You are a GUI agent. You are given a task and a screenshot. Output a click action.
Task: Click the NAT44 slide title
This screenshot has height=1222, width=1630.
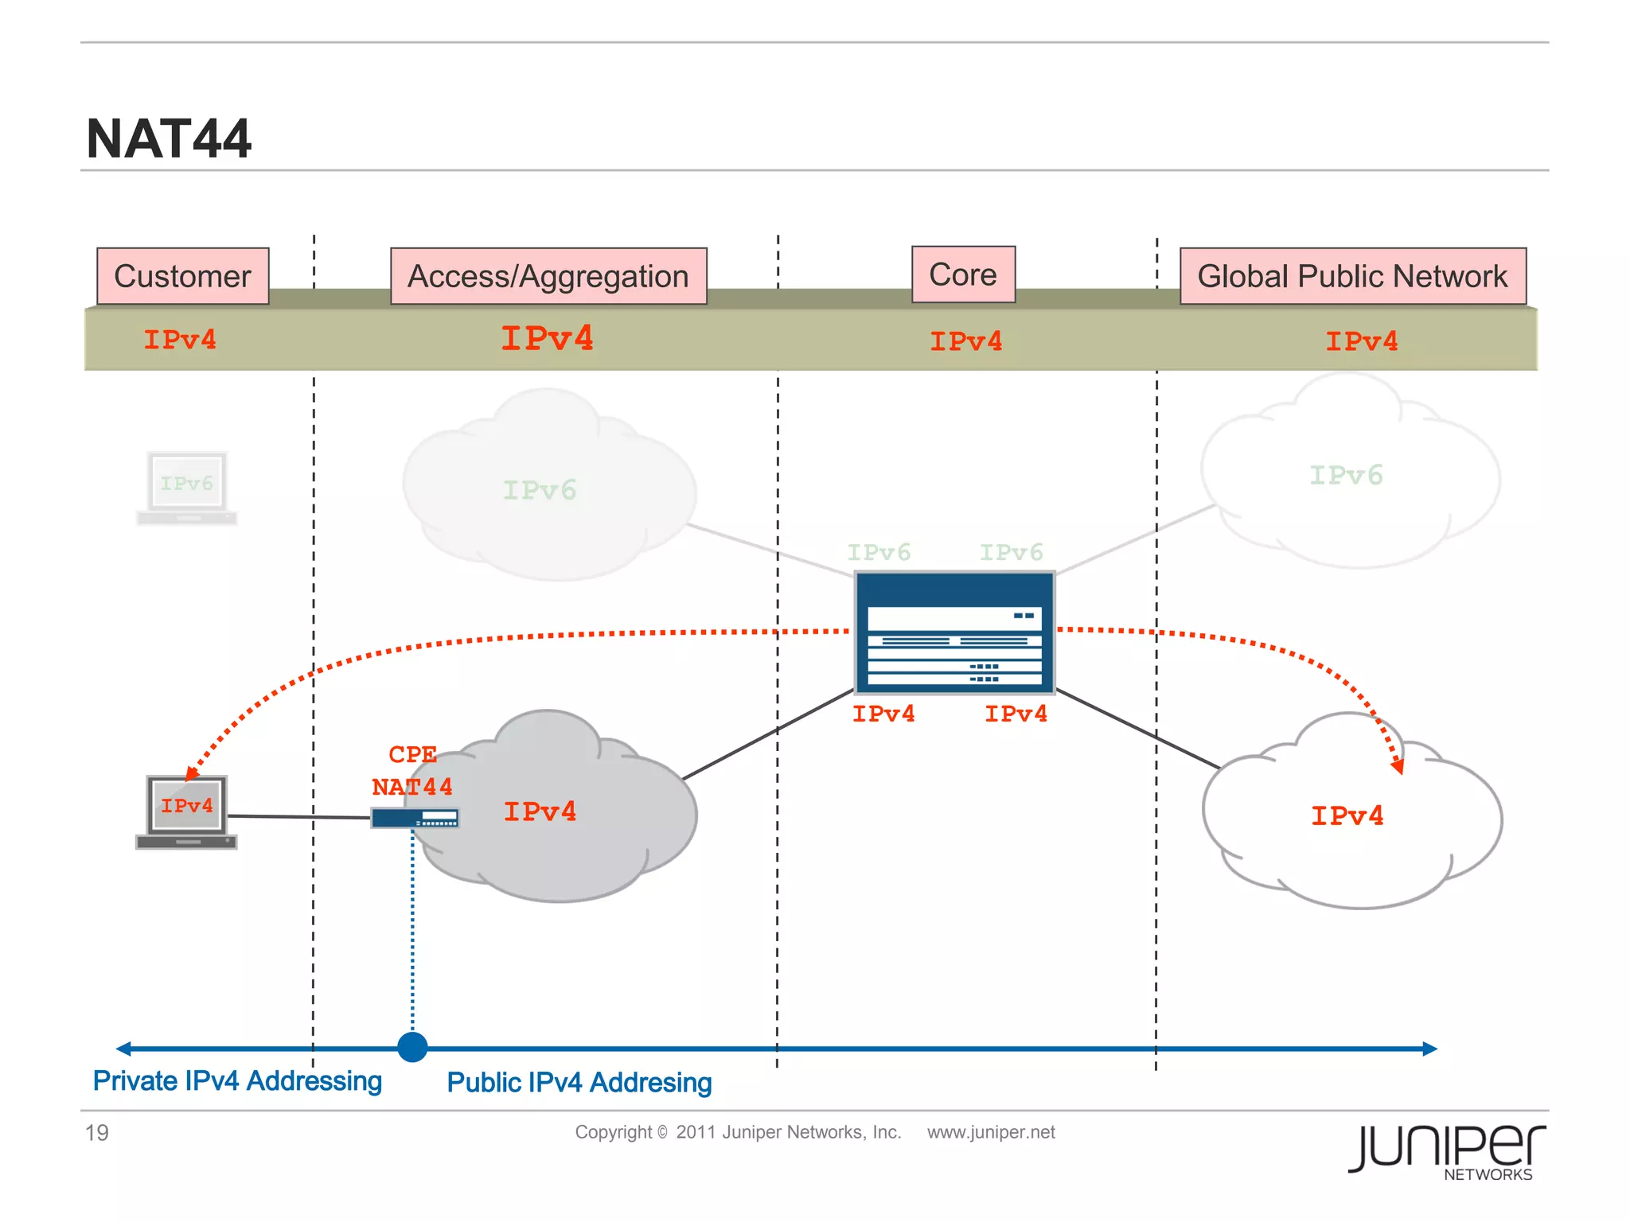coord(169,138)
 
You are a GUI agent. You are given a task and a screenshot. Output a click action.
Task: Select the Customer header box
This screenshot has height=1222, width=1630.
coord(182,276)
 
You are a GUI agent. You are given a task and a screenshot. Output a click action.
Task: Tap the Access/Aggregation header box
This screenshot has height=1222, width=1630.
coord(548,276)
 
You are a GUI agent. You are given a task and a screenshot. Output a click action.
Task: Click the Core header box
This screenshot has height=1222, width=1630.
coord(963,274)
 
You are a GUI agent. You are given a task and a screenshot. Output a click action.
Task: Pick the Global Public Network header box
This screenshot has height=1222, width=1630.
coord(1352,276)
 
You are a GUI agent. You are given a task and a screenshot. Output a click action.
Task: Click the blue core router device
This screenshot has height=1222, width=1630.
coord(954,632)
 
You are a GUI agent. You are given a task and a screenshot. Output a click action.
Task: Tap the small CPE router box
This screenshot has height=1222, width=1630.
coord(415,818)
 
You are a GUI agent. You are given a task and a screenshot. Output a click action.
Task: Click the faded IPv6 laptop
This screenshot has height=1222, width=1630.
coord(186,488)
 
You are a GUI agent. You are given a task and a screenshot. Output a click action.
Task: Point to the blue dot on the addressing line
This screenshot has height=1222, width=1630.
coord(412,1047)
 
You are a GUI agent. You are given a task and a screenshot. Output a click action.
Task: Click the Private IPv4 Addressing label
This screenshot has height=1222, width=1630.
coord(237,1081)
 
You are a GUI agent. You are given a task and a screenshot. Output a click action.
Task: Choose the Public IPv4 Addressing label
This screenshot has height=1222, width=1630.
coord(579,1083)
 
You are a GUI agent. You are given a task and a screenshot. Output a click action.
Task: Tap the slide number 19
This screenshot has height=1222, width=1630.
coord(96,1133)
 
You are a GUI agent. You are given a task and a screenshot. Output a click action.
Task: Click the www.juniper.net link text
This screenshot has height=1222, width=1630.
coord(991,1132)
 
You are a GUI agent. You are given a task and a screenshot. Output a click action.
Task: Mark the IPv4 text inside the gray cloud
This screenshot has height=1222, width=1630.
coord(540,811)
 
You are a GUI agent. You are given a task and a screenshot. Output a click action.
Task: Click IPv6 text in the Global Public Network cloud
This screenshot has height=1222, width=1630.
coord(1346,476)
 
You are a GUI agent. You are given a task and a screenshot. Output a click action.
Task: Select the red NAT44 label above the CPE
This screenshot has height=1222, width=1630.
coord(411,787)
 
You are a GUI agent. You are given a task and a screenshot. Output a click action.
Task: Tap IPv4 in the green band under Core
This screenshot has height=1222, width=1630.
coord(965,341)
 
